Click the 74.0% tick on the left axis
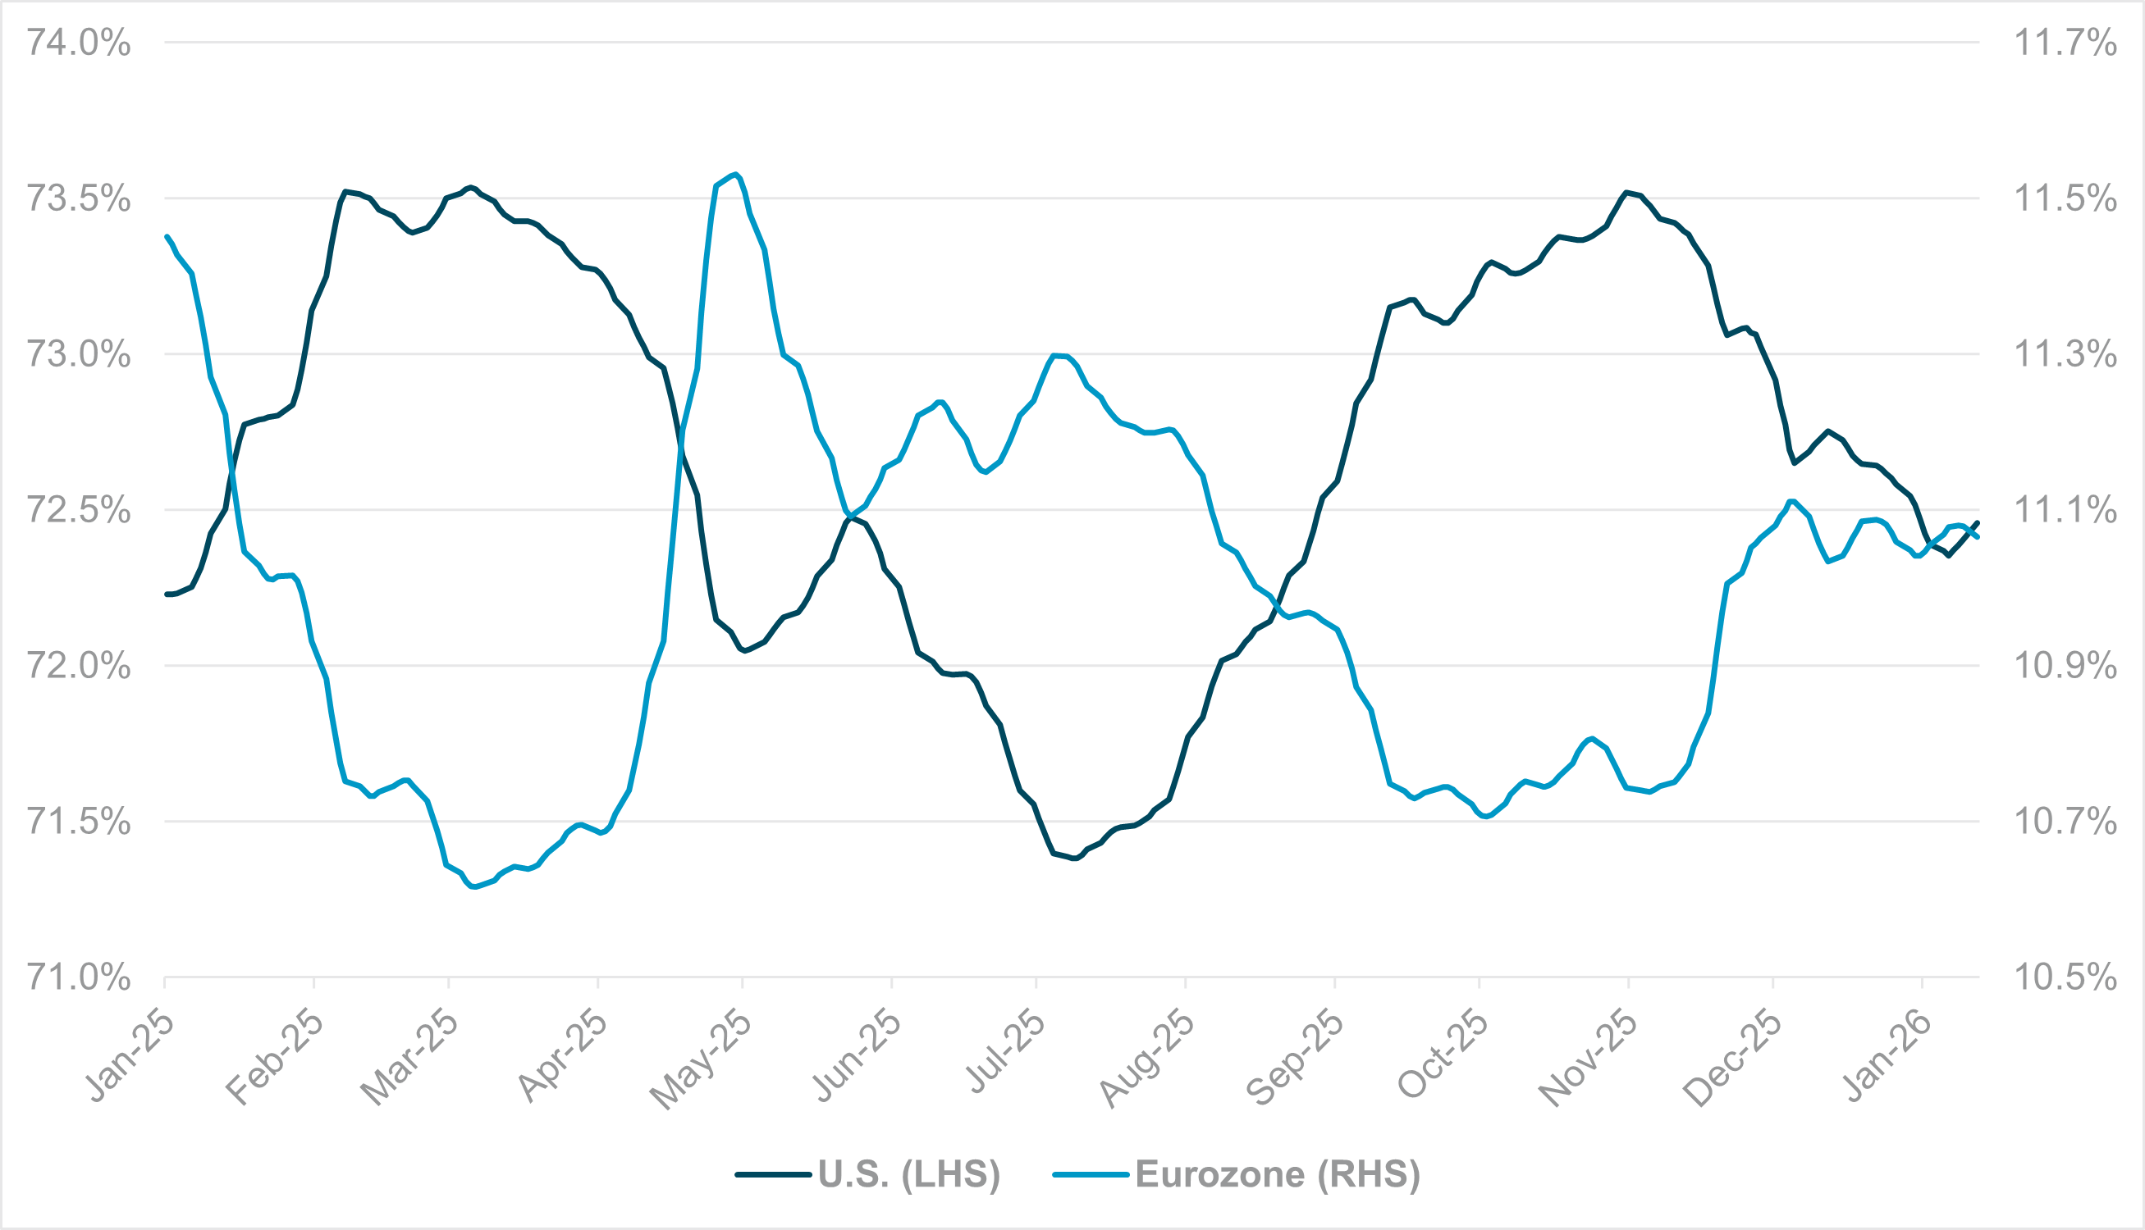tap(79, 43)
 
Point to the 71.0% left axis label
tap(79, 977)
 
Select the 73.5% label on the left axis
tap(79, 198)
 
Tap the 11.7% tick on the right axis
tap(2065, 43)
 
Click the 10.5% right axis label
tap(2065, 977)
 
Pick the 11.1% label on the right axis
tap(2065, 510)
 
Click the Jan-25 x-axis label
tap(131, 1056)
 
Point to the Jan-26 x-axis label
tap(1887, 1056)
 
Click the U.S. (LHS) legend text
tap(908, 1174)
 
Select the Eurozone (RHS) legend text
tap(1277, 1174)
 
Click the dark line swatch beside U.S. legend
tap(773, 1174)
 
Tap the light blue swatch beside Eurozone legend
tap(1091, 1174)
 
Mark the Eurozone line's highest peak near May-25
tap(737, 174)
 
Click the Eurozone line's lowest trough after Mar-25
tap(473, 887)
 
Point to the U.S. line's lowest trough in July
tap(1074, 859)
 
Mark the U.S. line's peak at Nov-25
tap(1626, 192)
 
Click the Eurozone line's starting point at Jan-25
tap(167, 236)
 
